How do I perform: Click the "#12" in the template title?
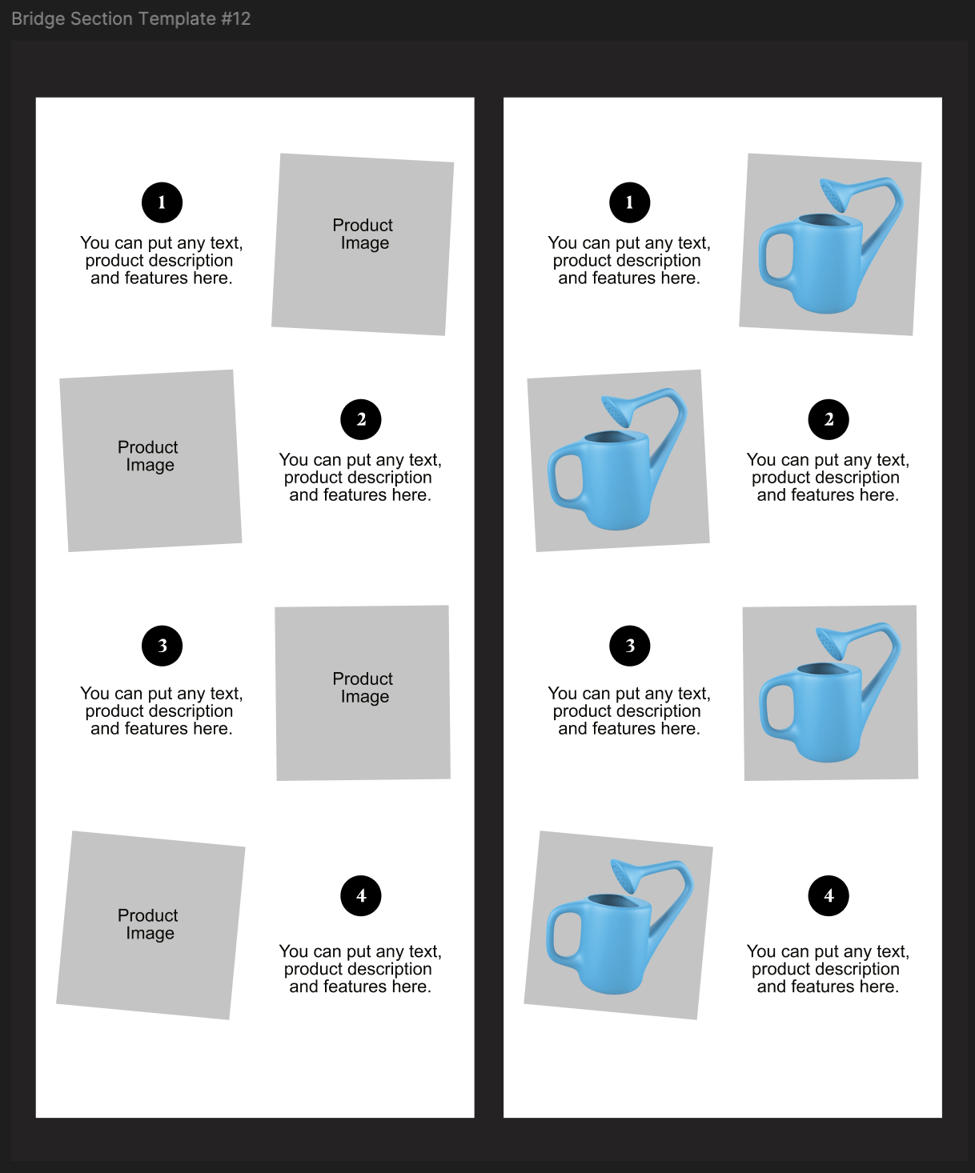pyautogui.click(x=235, y=18)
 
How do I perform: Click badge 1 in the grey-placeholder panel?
pyautogui.click(x=162, y=202)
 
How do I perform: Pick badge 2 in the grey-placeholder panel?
pyautogui.click(x=361, y=419)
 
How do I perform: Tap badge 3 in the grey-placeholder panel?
pyautogui.click(x=162, y=646)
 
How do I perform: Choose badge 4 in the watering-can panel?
pyautogui.click(x=829, y=895)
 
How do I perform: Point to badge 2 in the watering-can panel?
pyautogui.click(x=829, y=419)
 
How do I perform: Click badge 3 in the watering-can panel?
pyautogui.click(x=629, y=646)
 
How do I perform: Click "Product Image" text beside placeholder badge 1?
pyautogui.click(x=363, y=234)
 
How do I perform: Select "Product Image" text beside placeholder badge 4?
pyautogui.click(x=148, y=924)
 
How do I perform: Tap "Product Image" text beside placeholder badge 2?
pyautogui.click(x=148, y=455)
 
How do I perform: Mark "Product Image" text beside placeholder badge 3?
pyautogui.click(x=363, y=687)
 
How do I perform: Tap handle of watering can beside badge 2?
pyautogui.click(x=566, y=478)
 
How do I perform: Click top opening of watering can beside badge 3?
pyautogui.click(x=829, y=669)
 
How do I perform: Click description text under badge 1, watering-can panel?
pyautogui.click(x=629, y=260)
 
